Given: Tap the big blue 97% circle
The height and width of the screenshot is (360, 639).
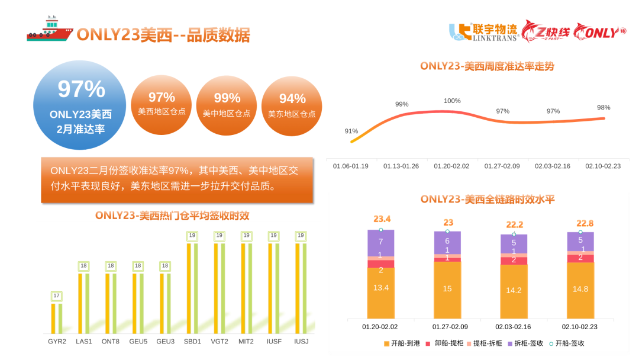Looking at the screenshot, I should [x=80, y=105].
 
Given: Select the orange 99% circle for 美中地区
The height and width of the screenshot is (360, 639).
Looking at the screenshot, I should [x=227, y=104].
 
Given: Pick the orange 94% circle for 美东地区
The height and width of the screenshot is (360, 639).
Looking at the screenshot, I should [x=292, y=105].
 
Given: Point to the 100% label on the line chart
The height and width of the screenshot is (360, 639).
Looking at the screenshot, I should [x=452, y=101].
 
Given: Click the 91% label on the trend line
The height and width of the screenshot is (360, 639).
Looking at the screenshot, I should [x=351, y=131].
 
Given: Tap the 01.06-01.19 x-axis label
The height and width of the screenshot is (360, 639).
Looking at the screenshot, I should [x=351, y=166].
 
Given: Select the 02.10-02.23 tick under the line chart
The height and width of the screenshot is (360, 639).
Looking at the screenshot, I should [x=603, y=166].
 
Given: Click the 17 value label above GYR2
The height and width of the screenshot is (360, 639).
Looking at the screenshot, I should [x=57, y=295].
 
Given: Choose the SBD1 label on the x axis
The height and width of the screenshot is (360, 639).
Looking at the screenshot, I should [x=193, y=342].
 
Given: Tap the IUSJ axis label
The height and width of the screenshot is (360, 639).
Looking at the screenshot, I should [x=301, y=342].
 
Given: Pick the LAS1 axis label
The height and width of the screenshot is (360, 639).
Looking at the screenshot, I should [x=84, y=342].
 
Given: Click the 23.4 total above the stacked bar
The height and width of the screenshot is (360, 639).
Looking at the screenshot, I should [x=382, y=219].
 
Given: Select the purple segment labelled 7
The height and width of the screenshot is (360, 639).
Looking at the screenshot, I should [x=380, y=242].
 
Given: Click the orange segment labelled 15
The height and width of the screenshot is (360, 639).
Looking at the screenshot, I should [x=447, y=289].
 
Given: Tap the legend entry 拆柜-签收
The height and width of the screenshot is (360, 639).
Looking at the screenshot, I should [x=525, y=343].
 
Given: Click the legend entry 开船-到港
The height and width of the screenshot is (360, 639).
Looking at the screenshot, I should [x=402, y=343].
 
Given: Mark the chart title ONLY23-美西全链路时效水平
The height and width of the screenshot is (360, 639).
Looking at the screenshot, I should [x=488, y=200].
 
